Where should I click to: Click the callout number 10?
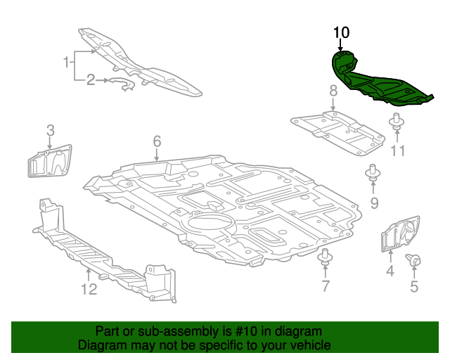341,32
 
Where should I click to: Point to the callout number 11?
399,150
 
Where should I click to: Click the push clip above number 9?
373,173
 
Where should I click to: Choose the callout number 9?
374,203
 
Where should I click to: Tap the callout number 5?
414,286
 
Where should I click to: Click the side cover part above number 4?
399,234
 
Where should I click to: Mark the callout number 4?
390,271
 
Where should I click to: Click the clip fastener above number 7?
325,257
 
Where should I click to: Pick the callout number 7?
326,285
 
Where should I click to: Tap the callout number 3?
51,130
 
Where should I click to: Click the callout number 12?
88,288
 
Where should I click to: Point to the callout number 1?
68,63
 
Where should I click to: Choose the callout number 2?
91,80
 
